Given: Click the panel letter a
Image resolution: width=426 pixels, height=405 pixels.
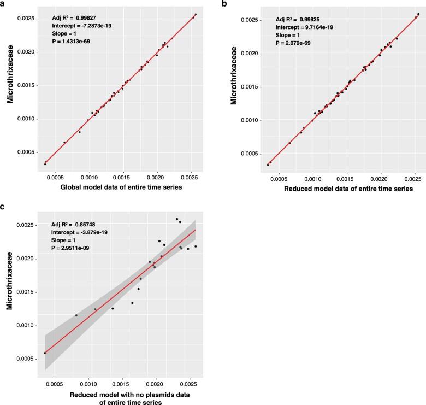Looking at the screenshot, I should [x=3, y=4].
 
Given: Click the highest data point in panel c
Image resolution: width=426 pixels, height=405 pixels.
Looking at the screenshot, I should [x=177, y=219].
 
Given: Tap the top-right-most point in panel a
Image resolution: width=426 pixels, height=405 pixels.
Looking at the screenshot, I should [x=196, y=14].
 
